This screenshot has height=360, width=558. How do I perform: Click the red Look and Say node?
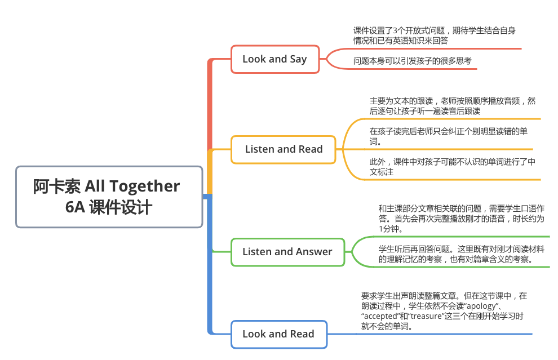coord(274,59)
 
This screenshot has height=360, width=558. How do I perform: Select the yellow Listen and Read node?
coord(284,149)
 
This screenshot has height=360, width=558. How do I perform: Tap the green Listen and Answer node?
coord(287,252)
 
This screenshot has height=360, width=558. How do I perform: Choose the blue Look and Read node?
coord(278,334)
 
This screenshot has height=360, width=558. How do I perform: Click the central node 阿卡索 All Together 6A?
coord(109,196)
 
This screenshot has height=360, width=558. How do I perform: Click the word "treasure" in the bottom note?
coord(419,316)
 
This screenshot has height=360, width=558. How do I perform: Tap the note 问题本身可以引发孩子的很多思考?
coord(412,61)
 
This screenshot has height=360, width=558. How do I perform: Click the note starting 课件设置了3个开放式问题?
coord(434,35)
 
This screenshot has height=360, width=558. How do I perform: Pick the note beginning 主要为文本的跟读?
coord(452,106)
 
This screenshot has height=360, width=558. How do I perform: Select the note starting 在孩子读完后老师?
coord(448,136)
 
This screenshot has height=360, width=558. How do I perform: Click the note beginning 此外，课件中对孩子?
coord(452,167)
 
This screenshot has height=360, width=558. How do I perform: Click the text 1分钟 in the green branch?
coord(391,229)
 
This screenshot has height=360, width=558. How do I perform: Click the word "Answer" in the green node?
coord(314,252)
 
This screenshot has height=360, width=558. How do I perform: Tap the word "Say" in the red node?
coord(298,59)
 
